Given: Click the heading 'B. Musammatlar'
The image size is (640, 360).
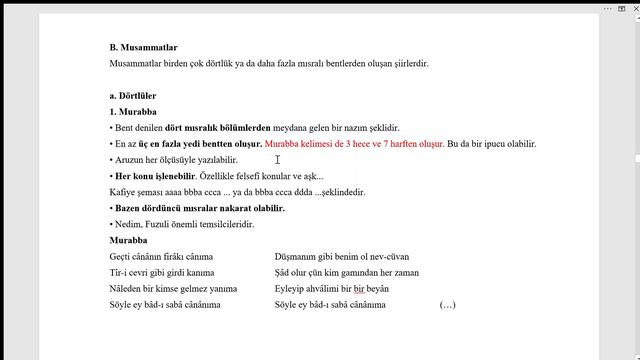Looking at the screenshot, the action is tap(143, 47).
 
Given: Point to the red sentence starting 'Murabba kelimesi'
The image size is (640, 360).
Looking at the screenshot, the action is tap(354, 144).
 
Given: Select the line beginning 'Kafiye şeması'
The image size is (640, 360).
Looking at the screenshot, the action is tap(237, 192).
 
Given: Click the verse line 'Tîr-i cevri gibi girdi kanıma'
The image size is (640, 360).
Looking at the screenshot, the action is tap(161, 272).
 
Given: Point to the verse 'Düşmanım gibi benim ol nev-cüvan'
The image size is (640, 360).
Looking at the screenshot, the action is tap(341, 257).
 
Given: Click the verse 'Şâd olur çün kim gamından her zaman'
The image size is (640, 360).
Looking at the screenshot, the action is tap(346, 272).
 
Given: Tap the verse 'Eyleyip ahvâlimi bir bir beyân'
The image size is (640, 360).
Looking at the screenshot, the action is tap(331, 288).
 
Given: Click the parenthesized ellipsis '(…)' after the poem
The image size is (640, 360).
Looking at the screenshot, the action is tap(447, 304).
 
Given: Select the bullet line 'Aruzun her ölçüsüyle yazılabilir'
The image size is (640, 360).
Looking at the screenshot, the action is tap(175, 160).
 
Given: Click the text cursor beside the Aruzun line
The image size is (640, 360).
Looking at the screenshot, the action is tap(277, 159).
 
